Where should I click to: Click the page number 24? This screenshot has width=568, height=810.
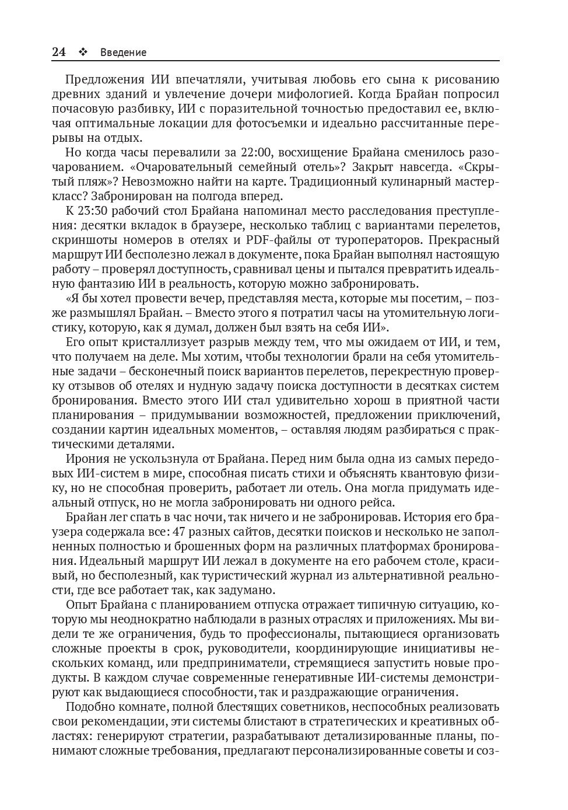58,52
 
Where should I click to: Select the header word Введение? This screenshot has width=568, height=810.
123,53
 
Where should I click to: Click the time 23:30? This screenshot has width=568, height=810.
92,211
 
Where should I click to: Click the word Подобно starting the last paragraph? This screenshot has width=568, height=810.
89,707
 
